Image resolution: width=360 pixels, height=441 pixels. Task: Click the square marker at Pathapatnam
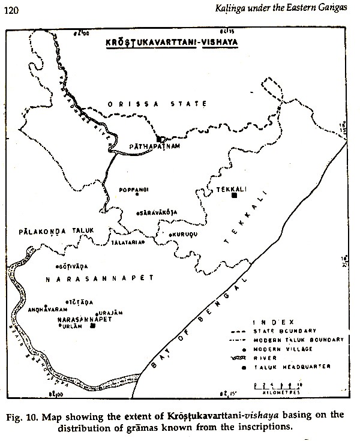pos(159,139)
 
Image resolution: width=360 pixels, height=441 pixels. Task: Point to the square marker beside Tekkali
pos(234,194)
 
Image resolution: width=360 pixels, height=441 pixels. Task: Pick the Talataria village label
pos(126,242)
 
